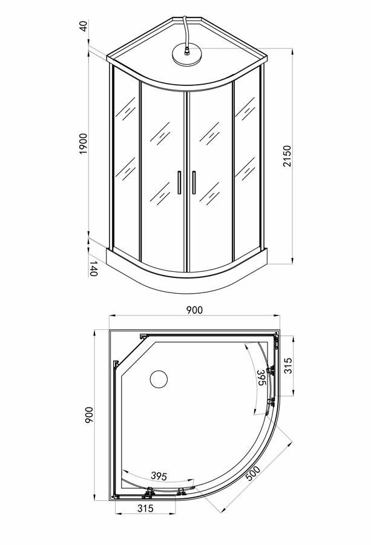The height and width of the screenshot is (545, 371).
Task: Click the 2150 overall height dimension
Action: [287, 156]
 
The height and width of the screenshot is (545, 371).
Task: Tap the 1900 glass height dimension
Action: [84, 144]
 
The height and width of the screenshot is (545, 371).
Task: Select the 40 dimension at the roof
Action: [84, 25]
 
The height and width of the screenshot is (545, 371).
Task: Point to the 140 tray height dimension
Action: [93, 268]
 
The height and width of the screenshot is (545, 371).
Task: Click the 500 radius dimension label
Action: [253, 473]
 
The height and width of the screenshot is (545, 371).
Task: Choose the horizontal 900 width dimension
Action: [194, 309]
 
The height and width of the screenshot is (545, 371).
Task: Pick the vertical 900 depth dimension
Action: [89, 415]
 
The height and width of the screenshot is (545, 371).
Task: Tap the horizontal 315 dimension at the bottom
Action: [145, 509]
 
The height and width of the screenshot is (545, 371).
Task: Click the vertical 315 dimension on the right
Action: [288, 366]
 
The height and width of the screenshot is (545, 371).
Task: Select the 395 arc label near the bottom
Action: [159, 476]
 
